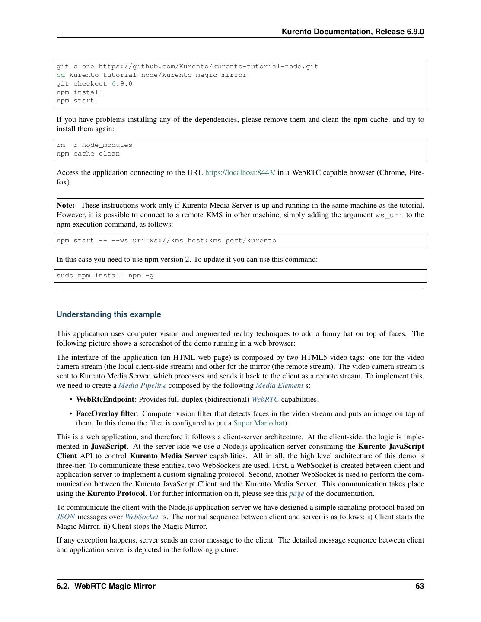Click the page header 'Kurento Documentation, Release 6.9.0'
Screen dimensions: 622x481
(x=353, y=32)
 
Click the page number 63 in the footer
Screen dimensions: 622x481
(x=419, y=586)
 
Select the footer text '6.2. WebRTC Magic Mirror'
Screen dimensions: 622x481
(x=106, y=586)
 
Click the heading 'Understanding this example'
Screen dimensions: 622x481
(x=108, y=314)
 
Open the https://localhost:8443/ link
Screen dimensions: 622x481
(x=240, y=173)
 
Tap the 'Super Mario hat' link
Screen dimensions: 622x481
(x=259, y=423)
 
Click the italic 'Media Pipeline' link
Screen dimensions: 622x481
(x=142, y=385)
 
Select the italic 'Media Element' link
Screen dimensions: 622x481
(x=279, y=385)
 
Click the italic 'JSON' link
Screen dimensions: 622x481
(x=66, y=517)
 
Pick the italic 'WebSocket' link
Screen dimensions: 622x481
(x=142, y=517)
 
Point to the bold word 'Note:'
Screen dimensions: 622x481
(x=66, y=206)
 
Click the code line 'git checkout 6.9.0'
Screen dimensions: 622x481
(x=94, y=83)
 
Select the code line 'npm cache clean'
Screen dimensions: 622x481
(x=88, y=154)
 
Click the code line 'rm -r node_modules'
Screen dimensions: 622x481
(x=94, y=145)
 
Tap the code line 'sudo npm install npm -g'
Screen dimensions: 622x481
(x=105, y=276)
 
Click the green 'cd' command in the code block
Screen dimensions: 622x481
(x=61, y=75)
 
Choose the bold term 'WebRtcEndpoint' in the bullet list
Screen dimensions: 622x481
(x=105, y=400)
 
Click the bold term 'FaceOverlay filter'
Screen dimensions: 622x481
(x=106, y=413)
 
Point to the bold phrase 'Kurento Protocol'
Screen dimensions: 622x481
(x=116, y=493)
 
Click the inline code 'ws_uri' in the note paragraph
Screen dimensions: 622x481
(x=389, y=215)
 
